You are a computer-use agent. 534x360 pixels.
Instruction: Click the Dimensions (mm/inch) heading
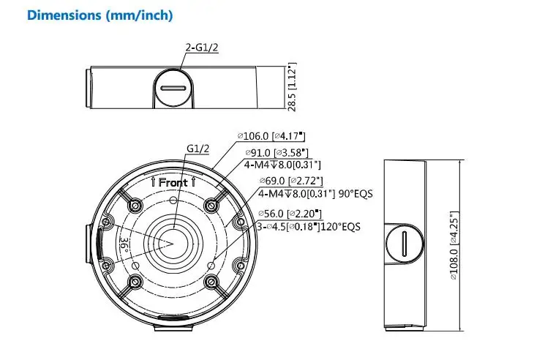(x=99, y=15)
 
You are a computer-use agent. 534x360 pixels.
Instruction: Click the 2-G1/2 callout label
(x=202, y=48)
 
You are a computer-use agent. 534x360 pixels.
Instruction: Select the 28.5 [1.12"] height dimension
(x=292, y=87)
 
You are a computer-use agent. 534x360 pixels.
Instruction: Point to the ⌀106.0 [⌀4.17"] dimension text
(x=271, y=136)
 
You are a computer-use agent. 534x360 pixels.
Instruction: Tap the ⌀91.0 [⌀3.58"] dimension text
(x=277, y=153)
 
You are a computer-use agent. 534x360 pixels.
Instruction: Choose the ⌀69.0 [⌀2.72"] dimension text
(x=291, y=181)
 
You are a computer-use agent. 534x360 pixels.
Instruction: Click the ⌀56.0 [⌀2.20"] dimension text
(x=290, y=214)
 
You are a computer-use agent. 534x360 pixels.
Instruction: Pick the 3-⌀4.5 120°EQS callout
(x=309, y=227)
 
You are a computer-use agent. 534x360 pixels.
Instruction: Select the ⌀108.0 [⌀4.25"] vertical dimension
(x=454, y=245)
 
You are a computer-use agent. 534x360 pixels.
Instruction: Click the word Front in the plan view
(x=173, y=182)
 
